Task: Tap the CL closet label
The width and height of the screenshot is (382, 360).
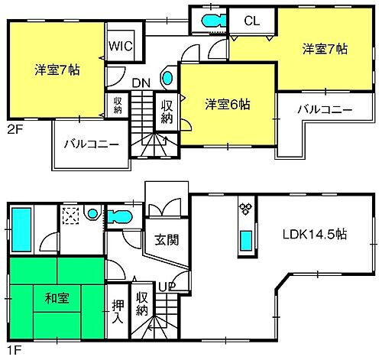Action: click(x=250, y=21)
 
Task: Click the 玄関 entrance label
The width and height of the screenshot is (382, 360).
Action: click(x=167, y=240)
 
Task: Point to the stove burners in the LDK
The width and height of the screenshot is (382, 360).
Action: click(x=247, y=207)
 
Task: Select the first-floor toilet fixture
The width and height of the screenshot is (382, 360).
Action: click(x=118, y=217)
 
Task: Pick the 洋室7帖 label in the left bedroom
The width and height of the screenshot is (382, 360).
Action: click(x=58, y=70)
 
